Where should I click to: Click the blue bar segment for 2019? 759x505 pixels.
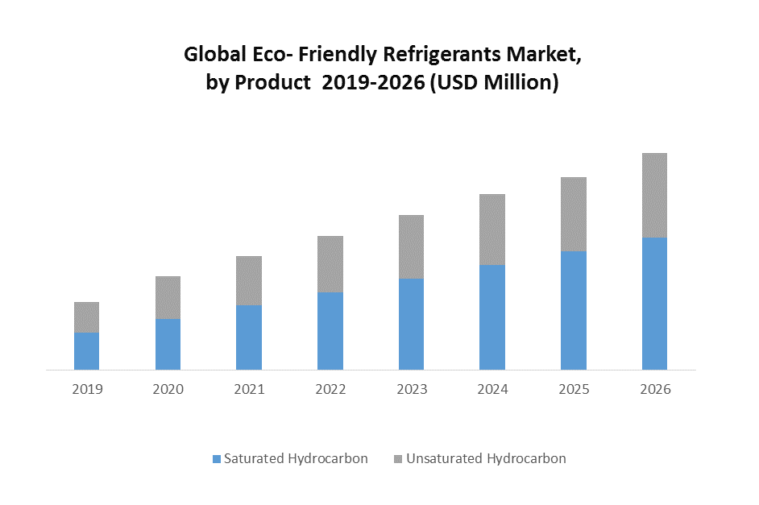(87, 351)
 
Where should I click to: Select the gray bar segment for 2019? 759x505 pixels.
(87, 317)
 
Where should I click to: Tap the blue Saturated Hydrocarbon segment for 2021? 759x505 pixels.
(249, 337)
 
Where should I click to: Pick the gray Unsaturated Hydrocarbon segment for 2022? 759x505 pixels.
(330, 264)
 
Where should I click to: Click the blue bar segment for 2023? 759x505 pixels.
(412, 324)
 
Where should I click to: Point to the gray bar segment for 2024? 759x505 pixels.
(492, 230)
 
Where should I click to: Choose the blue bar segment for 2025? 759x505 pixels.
(574, 310)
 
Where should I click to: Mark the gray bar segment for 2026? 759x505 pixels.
(654, 195)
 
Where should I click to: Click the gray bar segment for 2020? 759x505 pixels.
(168, 297)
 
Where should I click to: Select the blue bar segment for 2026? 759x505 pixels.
(654, 304)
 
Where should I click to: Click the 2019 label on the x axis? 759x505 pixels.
(87, 390)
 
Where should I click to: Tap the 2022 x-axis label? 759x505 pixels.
(330, 390)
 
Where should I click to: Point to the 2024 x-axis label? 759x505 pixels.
(492, 390)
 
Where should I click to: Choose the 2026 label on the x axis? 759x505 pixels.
(655, 390)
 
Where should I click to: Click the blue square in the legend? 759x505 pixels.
(216, 459)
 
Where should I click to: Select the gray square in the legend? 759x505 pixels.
(398, 459)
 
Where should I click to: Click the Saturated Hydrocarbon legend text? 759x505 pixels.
(296, 459)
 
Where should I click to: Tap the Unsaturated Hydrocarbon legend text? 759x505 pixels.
(486, 459)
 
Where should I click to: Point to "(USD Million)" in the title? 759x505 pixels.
(494, 83)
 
